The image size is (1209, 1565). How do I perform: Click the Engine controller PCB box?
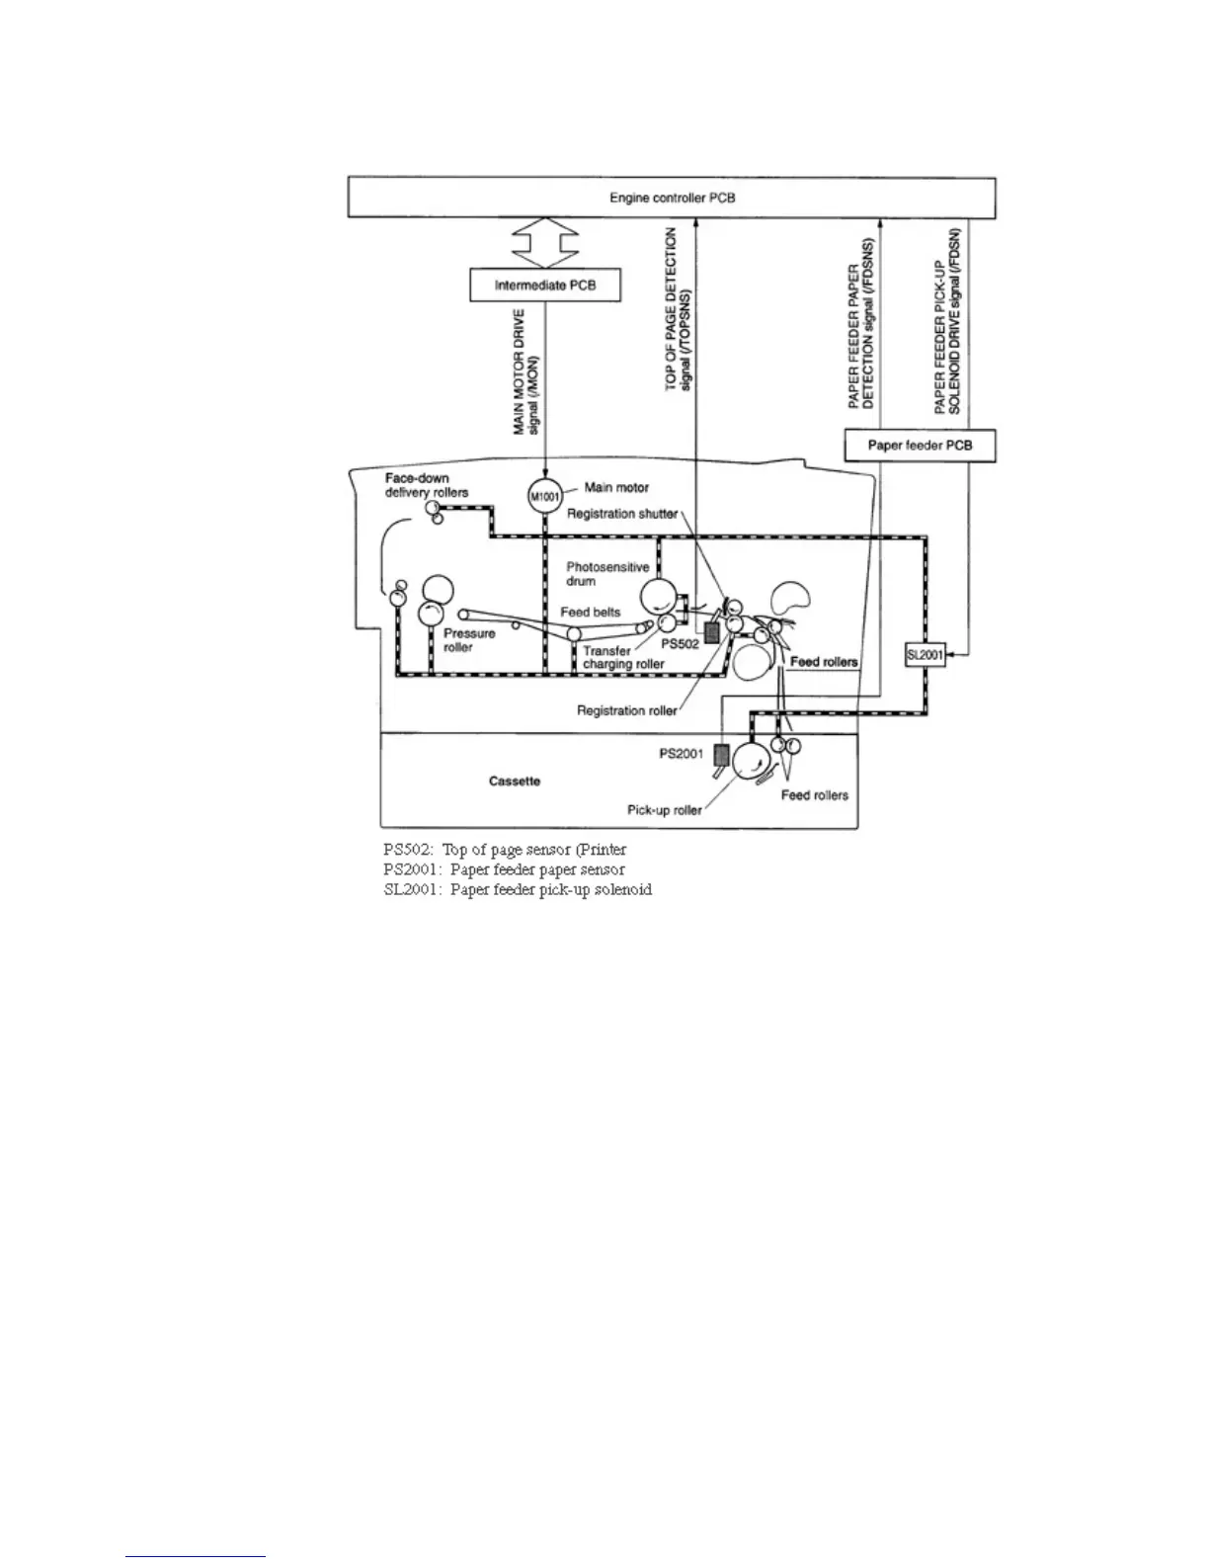point(671,198)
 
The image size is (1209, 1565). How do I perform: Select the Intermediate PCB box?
point(545,287)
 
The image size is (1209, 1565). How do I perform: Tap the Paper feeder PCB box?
point(919,445)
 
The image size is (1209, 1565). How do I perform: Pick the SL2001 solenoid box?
point(925,654)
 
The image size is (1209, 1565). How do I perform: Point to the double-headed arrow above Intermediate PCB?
point(546,244)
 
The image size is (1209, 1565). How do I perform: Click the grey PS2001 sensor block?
point(721,756)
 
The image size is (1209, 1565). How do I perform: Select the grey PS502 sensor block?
point(708,633)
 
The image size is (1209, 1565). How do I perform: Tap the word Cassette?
point(515,781)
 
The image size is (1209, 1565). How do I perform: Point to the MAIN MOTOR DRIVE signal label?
point(525,371)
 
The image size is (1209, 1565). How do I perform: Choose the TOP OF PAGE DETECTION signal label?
point(679,309)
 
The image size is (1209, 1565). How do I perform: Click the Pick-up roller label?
point(665,810)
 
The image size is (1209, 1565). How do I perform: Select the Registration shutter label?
point(621,514)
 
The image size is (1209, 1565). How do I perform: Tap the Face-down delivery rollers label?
point(427,485)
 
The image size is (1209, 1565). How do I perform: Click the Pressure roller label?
point(469,640)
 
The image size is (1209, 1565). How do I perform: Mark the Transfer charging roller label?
point(622,658)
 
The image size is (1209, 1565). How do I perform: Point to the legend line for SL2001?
point(518,889)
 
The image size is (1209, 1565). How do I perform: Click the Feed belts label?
point(590,612)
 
